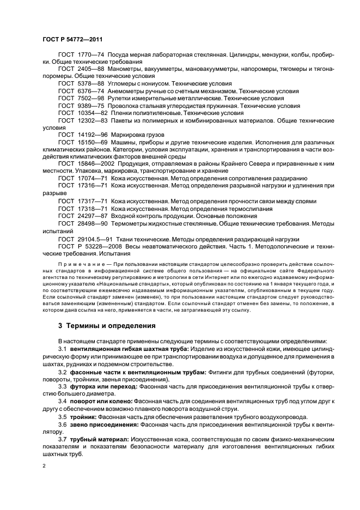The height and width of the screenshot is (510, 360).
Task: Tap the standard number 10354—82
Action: tap(92, 113)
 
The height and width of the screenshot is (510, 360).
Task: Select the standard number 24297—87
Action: tap(92, 216)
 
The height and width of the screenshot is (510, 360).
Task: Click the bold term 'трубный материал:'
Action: tap(98, 438)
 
